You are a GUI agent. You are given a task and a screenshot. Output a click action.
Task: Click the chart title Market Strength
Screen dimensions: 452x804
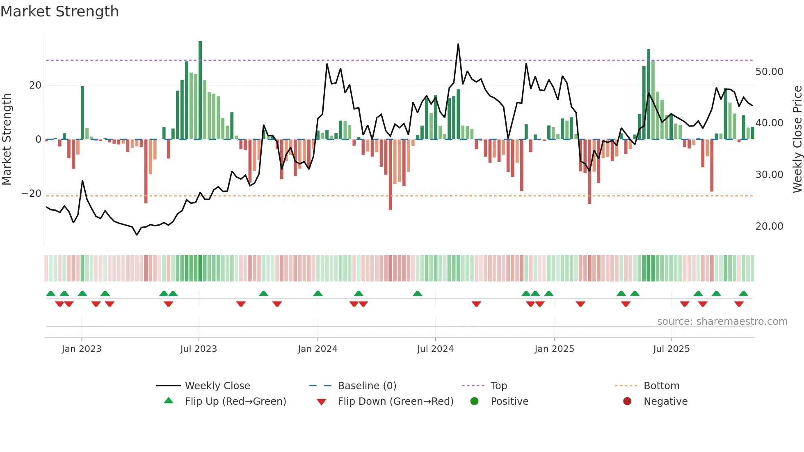pyautogui.click(x=59, y=11)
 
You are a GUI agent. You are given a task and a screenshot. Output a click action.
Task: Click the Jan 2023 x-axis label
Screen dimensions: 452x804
pyautogui.click(x=81, y=349)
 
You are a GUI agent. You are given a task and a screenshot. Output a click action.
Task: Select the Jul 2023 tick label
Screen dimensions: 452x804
pyautogui.click(x=199, y=349)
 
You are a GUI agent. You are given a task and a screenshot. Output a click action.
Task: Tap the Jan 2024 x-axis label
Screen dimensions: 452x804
pyautogui.click(x=317, y=349)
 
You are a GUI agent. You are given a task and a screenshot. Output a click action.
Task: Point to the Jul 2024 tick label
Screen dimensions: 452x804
pyautogui.click(x=435, y=349)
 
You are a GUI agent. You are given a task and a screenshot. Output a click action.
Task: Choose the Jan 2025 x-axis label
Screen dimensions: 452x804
pyautogui.click(x=554, y=349)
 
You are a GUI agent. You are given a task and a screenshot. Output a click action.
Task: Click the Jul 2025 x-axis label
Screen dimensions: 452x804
pyautogui.click(x=672, y=349)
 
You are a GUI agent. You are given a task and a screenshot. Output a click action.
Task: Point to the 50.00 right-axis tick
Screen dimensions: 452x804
pyautogui.click(x=769, y=72)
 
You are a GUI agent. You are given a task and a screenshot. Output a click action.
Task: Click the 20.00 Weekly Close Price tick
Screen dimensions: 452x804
pyautogui.click(x=769, y=226)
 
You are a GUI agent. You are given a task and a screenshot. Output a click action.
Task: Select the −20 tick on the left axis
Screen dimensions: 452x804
pyautogui.click(x=32, y=194)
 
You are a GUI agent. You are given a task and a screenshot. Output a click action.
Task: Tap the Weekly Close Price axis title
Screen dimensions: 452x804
pyautogui.click(x=797, y=139)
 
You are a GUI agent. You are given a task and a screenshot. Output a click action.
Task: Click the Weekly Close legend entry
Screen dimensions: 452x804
pyautogui.click(x=217, y=386)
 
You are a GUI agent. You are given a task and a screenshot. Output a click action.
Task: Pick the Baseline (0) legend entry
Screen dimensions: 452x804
pyautogui.click(x=367, y=386)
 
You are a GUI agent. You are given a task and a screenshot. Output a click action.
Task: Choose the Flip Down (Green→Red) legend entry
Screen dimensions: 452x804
pyautogui.click(x=395, y=402)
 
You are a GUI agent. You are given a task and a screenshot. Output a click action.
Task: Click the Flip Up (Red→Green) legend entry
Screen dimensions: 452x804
pyautogui.click(x=235, y=402)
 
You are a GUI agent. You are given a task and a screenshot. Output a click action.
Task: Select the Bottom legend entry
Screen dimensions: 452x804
pyautogui.click(x=661, y=386)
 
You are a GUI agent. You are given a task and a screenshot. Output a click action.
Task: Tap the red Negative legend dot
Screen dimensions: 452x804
pyautogui.click(x=627, y=402)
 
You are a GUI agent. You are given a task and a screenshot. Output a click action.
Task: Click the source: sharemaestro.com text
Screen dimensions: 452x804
pyautogui.click(x=722, y=322)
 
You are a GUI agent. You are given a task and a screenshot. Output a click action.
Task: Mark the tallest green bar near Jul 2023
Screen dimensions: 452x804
pyautogui.click(x=200, y=90)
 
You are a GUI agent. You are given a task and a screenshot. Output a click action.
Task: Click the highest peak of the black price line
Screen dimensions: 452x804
pyautogui.click(x=458, y=44)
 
